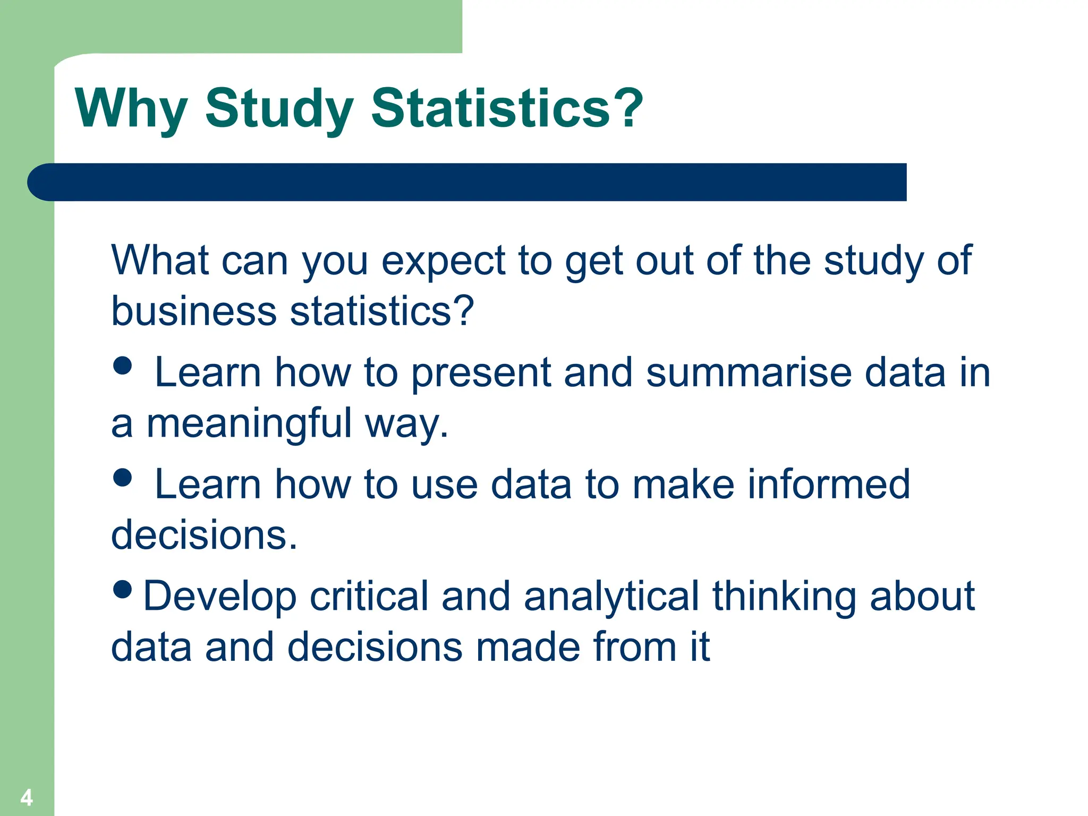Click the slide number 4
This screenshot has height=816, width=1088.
click(x=27, y=797)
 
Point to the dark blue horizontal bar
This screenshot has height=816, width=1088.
click(x=467, y=182)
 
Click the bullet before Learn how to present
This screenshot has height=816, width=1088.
click(x=123, y=365)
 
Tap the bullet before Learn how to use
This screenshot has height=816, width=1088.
click(x=123, y=477)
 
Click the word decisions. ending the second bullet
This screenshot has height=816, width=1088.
click(x=204, y=535)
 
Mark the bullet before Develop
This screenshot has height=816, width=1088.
click(x=123, y=589)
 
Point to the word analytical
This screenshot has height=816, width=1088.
click(x=611, y=596)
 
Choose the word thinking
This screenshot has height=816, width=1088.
click(x=784, y=596)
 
